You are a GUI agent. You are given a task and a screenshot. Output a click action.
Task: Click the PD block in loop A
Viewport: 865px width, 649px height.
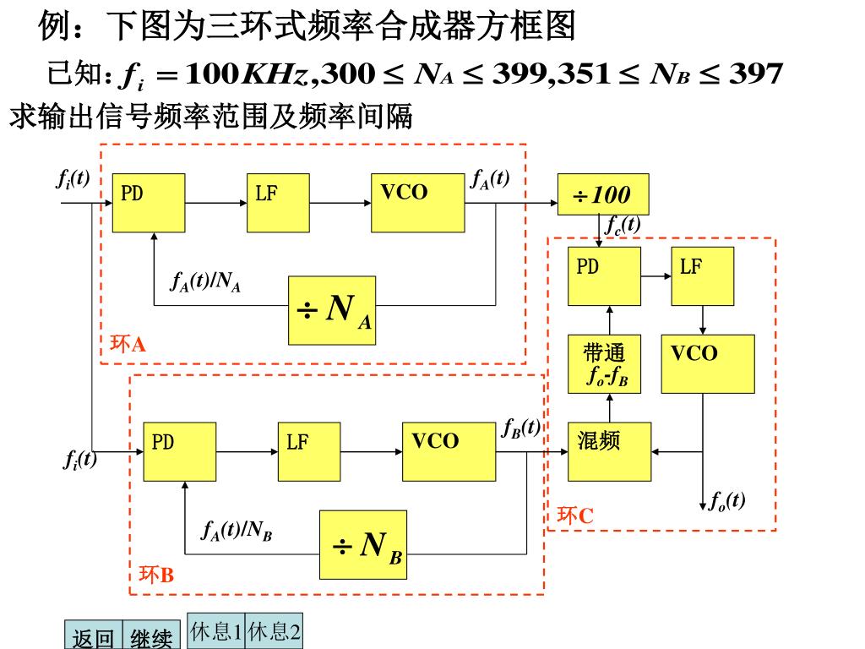tap(149, 203)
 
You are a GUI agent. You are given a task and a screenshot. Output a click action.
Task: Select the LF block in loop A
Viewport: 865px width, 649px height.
tap(278, 203)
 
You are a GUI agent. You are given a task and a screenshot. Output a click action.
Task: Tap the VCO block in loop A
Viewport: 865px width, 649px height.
tap(417, 203)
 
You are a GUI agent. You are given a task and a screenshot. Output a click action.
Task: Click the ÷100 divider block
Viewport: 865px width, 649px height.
tap(603, 194)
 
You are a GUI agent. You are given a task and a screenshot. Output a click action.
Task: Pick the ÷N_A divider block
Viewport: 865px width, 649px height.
tap(332, 310)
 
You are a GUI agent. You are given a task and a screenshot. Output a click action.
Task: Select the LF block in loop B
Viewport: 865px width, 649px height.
tap(309, 452)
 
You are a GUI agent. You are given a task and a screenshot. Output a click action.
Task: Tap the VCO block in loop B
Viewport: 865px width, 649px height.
tap(449, 452)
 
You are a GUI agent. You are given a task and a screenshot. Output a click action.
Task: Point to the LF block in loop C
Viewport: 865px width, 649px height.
tap(703, 276)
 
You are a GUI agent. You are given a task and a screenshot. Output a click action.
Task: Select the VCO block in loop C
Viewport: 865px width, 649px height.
tap(707, 364)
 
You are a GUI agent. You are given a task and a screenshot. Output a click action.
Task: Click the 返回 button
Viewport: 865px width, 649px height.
tap(94, 636)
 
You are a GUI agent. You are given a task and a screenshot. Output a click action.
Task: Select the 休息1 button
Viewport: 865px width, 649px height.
tap(216, 632)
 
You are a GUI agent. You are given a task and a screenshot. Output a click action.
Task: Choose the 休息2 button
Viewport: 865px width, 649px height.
tap(275, 632)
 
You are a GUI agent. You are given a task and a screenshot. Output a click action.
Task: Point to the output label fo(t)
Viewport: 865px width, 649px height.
tap(726, 500)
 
